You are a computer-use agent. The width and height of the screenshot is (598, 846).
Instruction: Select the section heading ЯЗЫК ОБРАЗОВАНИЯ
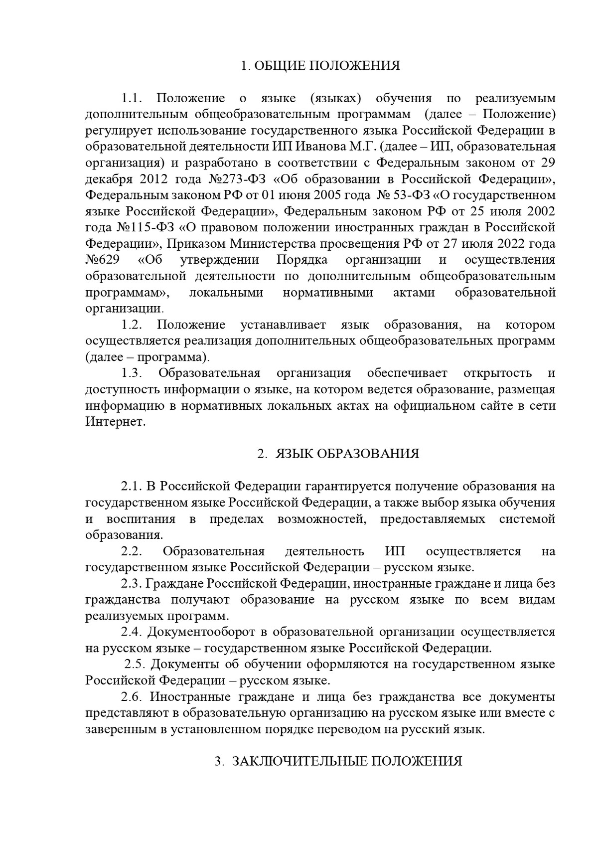coord(347,454)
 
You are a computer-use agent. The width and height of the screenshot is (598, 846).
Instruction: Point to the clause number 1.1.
coord(132,98)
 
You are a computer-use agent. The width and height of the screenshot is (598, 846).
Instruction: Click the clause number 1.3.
coord(132,373)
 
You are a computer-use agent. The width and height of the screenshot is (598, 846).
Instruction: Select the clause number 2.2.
coord(132,551)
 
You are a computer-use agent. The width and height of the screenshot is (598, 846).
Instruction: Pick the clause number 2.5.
coord(135,665)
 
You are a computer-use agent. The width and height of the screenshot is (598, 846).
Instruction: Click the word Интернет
coord(115,422)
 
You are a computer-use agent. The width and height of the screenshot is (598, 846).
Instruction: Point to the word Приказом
coord(192,244)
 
